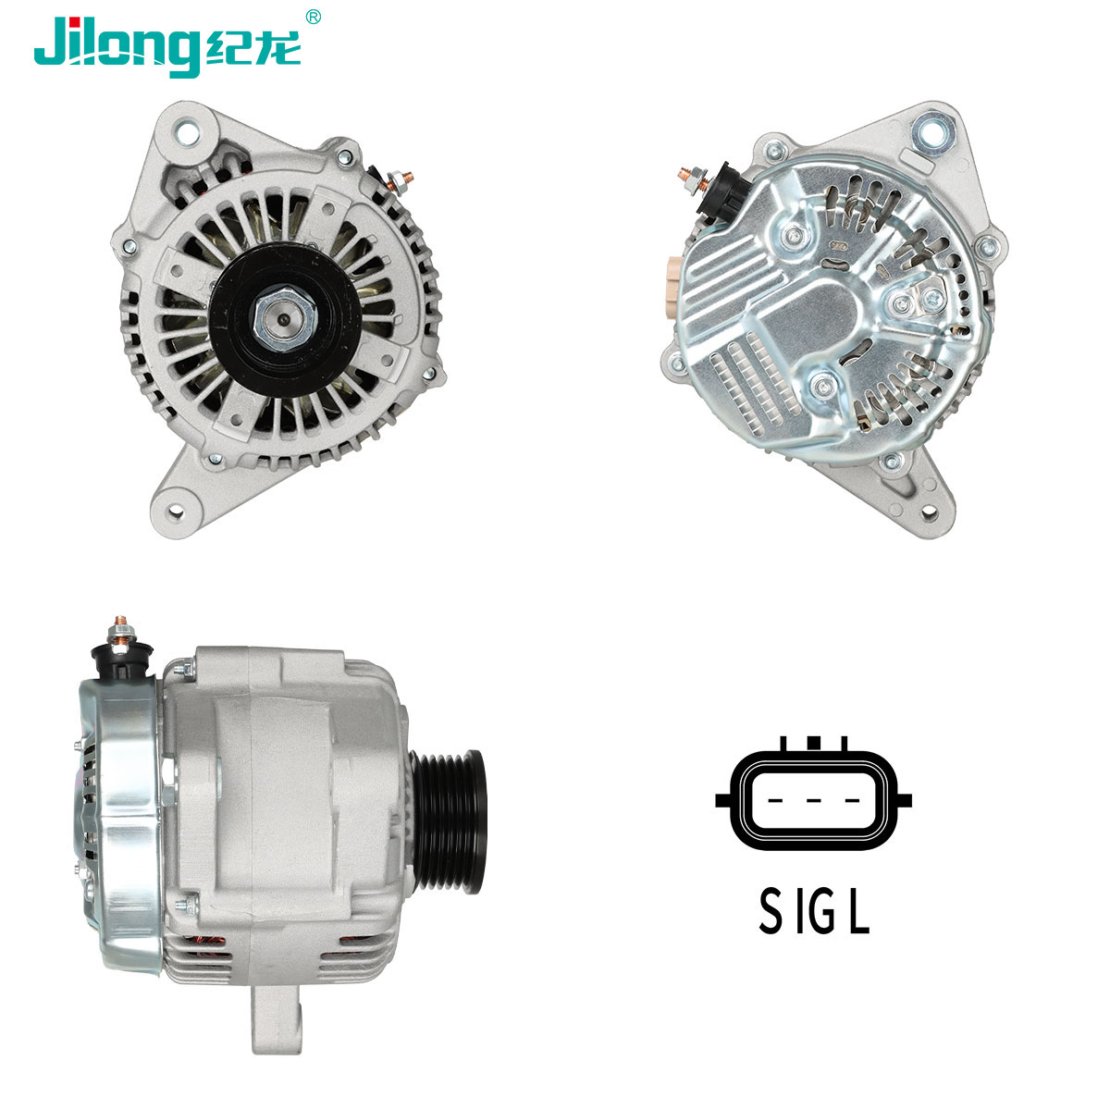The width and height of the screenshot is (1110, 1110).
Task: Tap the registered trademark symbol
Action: (313, 17)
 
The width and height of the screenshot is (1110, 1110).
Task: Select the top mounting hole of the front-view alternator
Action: (186, 132)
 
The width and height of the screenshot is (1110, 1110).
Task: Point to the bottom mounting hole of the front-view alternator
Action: (176, 511)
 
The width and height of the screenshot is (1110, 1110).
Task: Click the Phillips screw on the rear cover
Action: (932, 298)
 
